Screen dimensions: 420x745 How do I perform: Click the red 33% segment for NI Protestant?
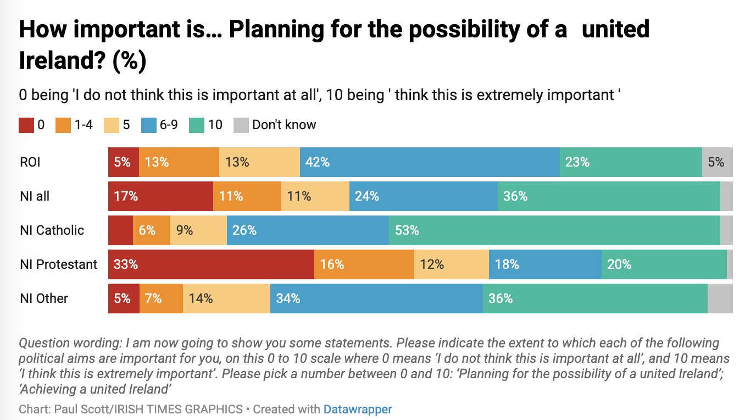click(211, 264)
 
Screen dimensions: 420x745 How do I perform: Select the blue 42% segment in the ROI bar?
click(430, 162)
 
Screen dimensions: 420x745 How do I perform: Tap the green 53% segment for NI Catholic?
click(554, 230)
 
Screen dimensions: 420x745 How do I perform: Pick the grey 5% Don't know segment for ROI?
click(717, 162)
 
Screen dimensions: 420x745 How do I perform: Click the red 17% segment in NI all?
click(160, 196)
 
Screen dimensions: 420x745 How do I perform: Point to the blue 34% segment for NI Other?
click(376, 299)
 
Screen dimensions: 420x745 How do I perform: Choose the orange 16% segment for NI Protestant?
click(364, 264)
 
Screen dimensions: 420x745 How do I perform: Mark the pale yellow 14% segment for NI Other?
click(226, 299)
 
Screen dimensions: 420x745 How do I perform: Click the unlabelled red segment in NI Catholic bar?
click(120, 230)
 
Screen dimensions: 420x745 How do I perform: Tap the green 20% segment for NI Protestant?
click(664, 264)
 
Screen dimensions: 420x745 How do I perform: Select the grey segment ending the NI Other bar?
click(720, 299)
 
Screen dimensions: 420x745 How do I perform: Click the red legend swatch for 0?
click(26, 125)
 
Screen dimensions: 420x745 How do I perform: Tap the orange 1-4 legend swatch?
click(62, 125)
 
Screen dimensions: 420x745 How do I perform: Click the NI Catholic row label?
click(52, 230)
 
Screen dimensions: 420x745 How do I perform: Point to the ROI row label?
click(30, 162)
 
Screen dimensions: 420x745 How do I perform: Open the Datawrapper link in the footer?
click(357, 410)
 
